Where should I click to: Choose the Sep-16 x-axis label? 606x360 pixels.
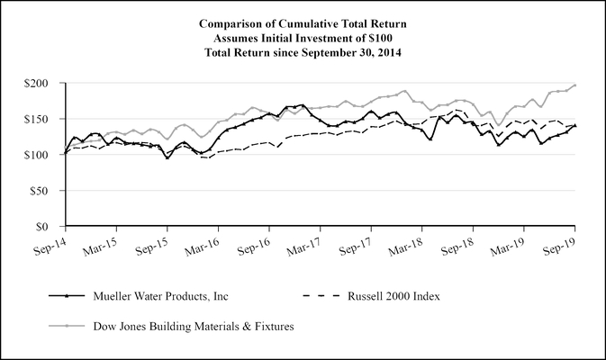point(269,243)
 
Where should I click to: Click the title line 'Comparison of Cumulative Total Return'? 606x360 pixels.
point(303,23)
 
